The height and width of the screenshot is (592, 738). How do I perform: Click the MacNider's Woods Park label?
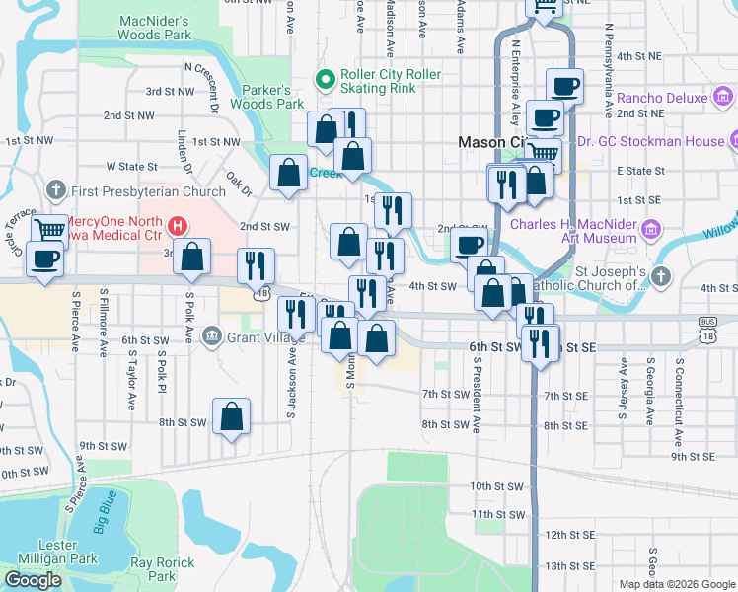point(154,27)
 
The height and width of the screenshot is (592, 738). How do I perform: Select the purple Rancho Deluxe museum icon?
point(723,98)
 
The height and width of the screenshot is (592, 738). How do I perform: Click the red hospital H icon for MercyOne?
point(178,226)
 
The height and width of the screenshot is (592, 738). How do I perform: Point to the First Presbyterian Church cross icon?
point(55,190)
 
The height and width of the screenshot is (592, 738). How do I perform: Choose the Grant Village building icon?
point(210,338)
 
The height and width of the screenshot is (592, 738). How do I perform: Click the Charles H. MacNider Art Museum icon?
point(650,230)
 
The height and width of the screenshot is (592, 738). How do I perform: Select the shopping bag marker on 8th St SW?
point(231,416)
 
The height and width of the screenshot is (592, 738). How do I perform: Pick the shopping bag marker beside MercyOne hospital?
point(194,256)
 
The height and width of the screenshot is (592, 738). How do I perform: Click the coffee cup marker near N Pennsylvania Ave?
point(564,86)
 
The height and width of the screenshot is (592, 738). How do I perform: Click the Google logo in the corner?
point(33,579)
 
